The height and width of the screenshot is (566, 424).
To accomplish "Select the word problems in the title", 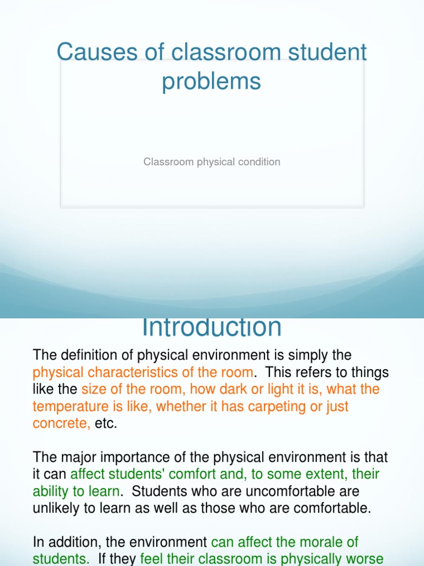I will pyautogui.click(x=211, y=81).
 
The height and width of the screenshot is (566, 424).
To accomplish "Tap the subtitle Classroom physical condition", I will pyautogui.click(x=211, y=162).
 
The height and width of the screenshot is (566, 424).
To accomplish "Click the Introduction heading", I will pyautogui.click(x=211, y=327).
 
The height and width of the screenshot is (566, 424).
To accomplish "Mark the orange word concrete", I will pyautogui.click(x=60, y=424).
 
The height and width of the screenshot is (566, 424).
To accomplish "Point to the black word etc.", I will pyautogui.click(x=106, y=424).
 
